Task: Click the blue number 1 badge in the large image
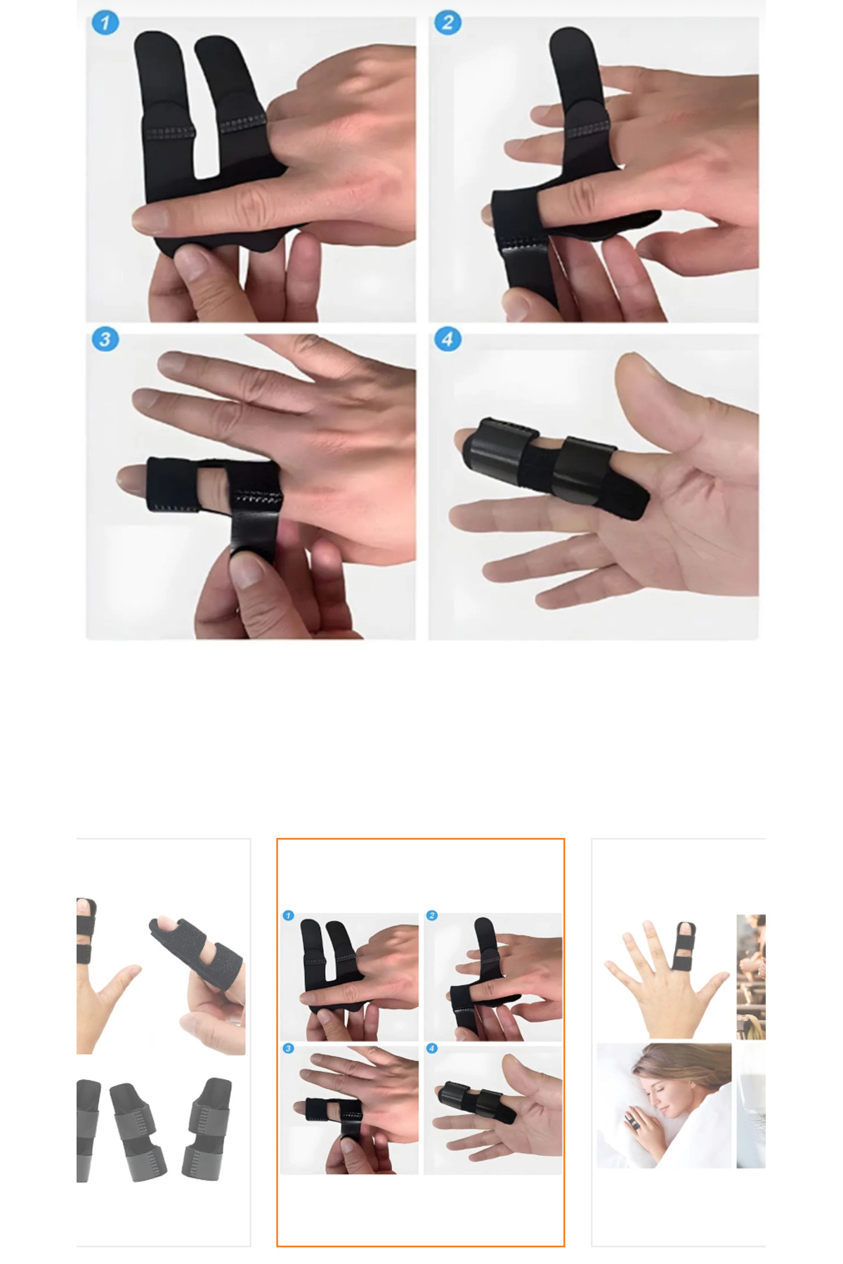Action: tap(105, 22)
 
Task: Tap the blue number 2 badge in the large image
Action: tap(447, 22)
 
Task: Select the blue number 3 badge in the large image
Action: tap(105, 340)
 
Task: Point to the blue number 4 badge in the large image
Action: tap(447, 340)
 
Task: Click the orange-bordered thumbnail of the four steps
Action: tap(420, 1042)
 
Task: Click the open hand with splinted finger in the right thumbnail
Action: tap(664, 980)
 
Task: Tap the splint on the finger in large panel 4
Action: tap(555, 467)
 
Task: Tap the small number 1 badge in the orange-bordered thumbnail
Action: tap(288, 916)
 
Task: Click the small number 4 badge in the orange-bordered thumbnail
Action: tap(432, 1048)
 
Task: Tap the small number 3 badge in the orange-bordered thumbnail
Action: tap(288, 1048)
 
